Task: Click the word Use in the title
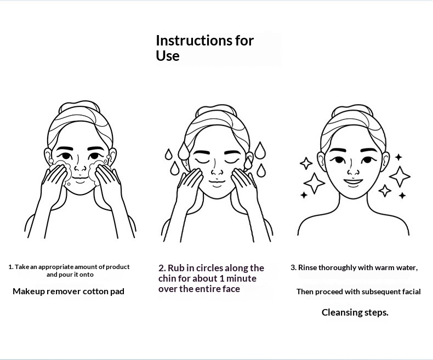point(168,56)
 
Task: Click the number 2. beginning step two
point(162,268)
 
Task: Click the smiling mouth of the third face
point(353,182)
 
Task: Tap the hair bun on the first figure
point(79,106)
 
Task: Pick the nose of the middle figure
point(217,171)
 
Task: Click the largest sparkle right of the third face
point(400,176)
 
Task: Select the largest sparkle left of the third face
point(314,183)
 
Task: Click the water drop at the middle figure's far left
point(168,155)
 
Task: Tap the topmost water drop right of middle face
point(260,151)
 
